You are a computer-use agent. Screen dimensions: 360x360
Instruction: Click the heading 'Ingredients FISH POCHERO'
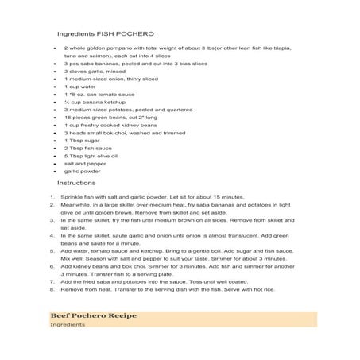106,35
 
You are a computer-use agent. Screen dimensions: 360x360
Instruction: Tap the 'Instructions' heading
77,183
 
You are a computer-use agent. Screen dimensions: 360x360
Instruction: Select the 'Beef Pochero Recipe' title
92,315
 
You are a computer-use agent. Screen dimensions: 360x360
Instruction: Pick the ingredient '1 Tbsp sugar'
83,141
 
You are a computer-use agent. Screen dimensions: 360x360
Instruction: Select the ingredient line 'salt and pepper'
86,163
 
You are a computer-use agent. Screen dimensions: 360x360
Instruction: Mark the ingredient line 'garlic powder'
83,171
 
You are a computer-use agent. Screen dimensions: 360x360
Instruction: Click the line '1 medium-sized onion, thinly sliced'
111,79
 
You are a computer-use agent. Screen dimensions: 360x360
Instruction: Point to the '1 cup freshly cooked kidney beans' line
110,125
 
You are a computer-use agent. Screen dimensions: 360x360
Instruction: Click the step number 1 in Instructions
52,197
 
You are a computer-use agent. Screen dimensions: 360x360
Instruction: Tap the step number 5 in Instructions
52,251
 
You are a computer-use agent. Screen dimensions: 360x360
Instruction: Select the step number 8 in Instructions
52,289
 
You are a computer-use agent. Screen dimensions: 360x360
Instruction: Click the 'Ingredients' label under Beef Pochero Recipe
66,325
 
